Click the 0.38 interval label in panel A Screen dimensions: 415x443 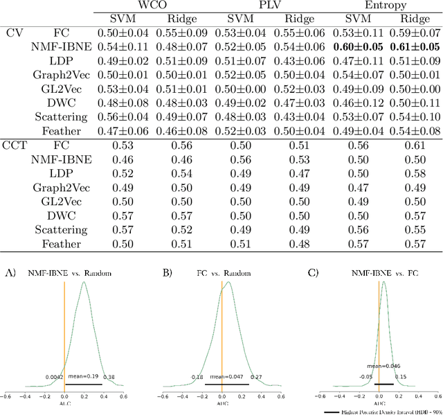(x=109, y=378)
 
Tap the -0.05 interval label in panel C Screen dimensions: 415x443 (x=365, y=378)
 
